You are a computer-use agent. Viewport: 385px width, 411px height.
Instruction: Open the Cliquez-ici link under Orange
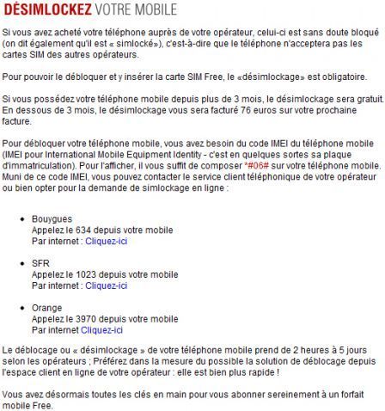coord(102,328)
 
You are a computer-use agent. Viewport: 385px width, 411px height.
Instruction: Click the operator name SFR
coord(40,264)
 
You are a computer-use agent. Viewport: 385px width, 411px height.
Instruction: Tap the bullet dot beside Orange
coord(21,308)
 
